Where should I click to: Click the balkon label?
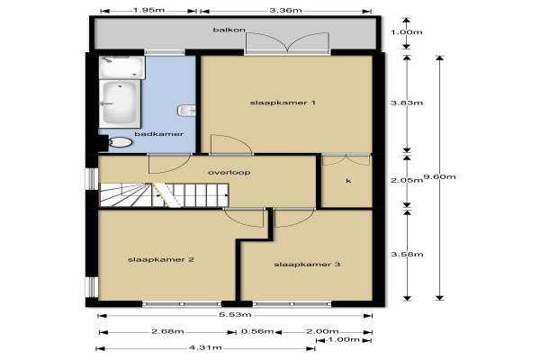(x=229, y=30)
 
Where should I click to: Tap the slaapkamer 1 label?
(x=283, y=103)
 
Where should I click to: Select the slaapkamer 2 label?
(x=161, y=259)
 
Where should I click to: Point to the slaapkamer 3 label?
(x=307, y=265)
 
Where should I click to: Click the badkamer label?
(x=158, y=134)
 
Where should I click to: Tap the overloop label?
(x=229, y=172)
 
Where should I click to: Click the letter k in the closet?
(x=348, y=181)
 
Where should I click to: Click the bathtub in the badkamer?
(x=120, y=103)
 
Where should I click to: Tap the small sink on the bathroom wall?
(x=186, y=111)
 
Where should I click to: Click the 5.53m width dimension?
(x=235, y=314)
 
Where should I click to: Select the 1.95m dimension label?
(x=148, y=10)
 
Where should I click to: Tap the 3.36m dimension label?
(x=285, y=10)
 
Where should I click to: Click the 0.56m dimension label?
(x=257, y=331)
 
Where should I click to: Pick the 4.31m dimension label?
(x=205, y=347)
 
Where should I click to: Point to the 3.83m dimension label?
(x=407, y=103)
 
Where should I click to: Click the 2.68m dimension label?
(x=167, y=331)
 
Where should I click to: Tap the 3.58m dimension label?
(x=407, y=254)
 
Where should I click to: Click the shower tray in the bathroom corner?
(x=121, y=67)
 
